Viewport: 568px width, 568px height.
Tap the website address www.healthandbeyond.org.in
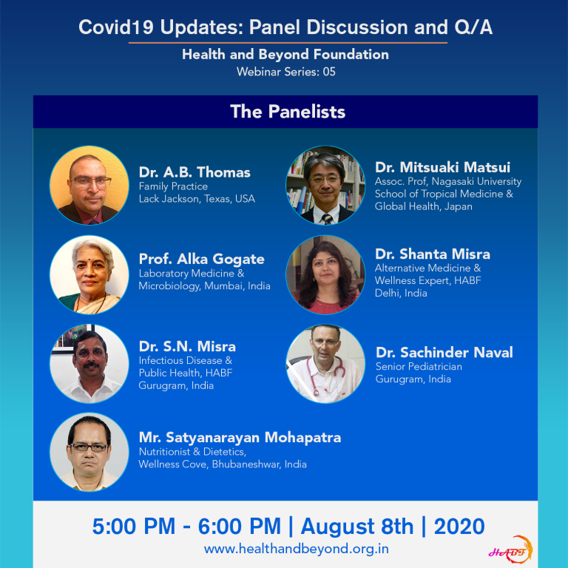pyautogui.click(x=297, y=549)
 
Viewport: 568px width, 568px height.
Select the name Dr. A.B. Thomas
pyautogui.click(x=195, y=172)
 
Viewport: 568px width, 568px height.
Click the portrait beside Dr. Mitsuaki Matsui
pyautogui.click(x=325, y=185)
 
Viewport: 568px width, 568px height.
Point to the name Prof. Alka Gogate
pyautogui.click(x=201, y=260)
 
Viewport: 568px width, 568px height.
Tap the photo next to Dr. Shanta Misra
pyautogui.click(x=325, y=274)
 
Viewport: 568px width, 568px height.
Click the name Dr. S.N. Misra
pyautogui.click(x=187, y=347)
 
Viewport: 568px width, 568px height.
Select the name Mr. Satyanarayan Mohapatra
pyautogui.click(x=240, y=438)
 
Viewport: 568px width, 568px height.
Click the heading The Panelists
pyautogui.click(x=288, y=112)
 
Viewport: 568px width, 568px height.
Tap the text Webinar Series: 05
pyautogui.click(x=285, y=72)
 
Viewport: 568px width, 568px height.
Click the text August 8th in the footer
pyautogui.click(x=357, y=527)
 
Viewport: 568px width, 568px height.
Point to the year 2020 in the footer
pyautogui.click(x=459, y=527)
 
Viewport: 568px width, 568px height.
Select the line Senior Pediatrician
pyautogui.click(x=419, y=367)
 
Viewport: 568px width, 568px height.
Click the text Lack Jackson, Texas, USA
pyautogui.click(x=197, y=199)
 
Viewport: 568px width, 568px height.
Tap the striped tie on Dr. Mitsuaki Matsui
pyautogui.click(x=327, y=219)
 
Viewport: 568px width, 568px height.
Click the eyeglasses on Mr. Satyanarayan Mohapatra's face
pyautogui.click(x=89, y=447)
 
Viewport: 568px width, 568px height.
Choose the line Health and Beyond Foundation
pyautogui.click(x=285, y=54)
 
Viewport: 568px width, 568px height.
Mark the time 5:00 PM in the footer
pyautogui.click(x=134, y=527)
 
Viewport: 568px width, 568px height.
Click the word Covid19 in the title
pyautogui.click(x=116, y=27)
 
